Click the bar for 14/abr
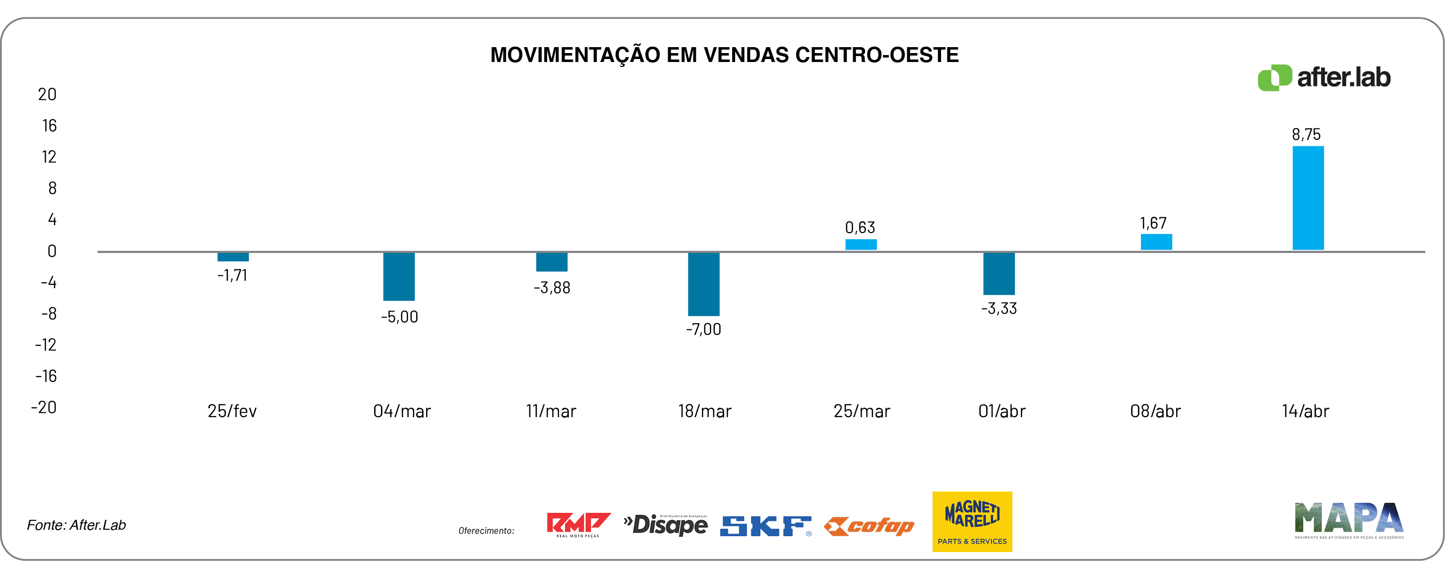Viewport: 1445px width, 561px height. [1308, 198]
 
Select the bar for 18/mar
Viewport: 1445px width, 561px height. [703, 284]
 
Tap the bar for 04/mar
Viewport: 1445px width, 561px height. [399, 277]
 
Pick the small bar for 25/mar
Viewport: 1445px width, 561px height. [861, 245]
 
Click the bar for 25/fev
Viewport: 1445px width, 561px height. [233, 257]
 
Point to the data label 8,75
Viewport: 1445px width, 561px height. [1306, 134]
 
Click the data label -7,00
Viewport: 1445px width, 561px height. [703, 329]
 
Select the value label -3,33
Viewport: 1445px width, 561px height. [999, 309]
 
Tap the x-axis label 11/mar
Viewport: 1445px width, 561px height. [551, 411]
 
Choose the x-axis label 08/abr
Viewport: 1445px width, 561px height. [1155, 411]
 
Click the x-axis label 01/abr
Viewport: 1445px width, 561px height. [1002, 411]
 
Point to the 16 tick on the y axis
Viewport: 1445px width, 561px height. [50, 125]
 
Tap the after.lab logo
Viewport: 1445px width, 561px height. [1324, 77]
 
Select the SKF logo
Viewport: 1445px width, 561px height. [765, 526]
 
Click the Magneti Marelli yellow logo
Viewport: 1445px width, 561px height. [972, 521]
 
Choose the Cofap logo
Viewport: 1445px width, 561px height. [869, 526]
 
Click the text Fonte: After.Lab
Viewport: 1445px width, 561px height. [76, 525]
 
